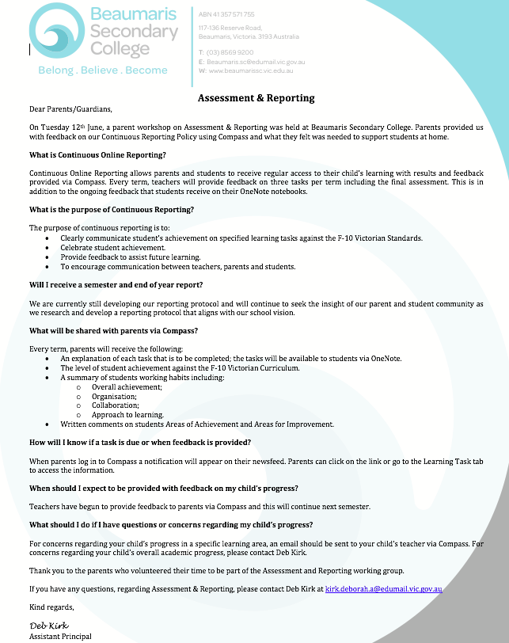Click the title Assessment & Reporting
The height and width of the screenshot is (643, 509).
tap(256, 98)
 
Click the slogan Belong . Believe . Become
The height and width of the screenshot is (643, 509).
tap(103, 70)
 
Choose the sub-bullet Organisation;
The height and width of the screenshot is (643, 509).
tap(114, 396)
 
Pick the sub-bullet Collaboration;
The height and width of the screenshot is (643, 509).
tap(115, 405)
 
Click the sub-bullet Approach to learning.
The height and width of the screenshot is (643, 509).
tap(127, 415)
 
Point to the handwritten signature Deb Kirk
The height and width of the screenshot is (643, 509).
tap(48, 626)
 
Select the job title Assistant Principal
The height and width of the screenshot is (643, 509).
tap(60, 637)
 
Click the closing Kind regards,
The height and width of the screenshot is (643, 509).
tap(51, 607)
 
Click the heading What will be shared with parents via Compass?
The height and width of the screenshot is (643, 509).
tap(112, 330)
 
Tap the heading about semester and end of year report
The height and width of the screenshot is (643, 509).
tap(116, 284)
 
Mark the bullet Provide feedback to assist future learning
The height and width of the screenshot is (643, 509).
tap(131, 257)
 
